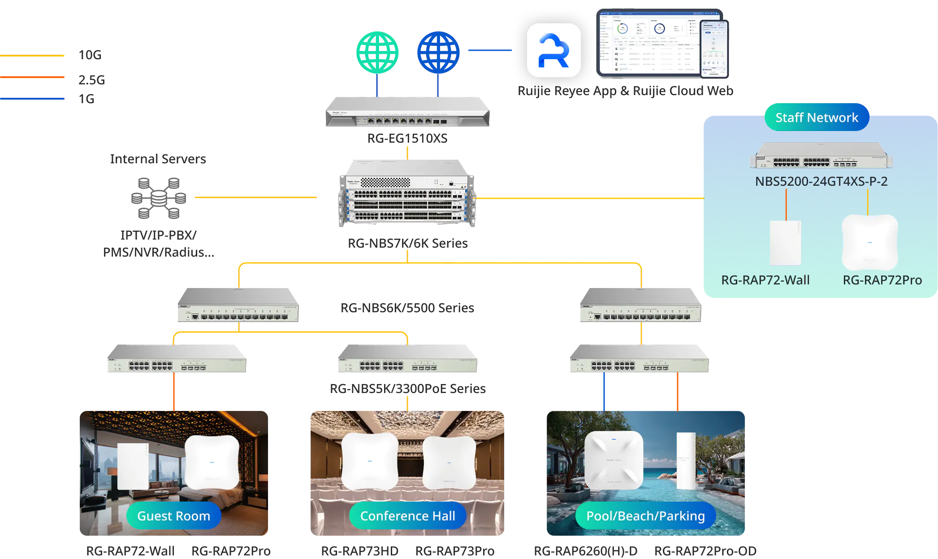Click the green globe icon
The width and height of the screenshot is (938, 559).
click(377, 52)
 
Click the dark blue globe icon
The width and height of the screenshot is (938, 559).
click(438, 52)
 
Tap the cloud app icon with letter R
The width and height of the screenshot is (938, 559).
click(553, 50)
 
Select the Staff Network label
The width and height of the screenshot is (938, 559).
click(817, 118)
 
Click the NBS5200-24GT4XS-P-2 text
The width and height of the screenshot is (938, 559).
click(821, 181)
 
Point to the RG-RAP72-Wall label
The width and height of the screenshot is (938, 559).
click(765, 280)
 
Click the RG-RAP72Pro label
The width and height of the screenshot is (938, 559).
click(882, 280)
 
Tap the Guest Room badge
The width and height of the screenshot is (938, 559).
click(173, 516)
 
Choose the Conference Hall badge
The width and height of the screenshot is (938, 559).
click(407, 516)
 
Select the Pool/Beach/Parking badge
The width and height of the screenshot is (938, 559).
click(645, 516)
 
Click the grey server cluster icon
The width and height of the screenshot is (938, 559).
click(158, 197)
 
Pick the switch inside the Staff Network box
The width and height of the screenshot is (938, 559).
click(821, 156)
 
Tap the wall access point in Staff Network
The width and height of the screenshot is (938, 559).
click(785, 243)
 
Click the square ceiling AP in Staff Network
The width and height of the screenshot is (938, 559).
click(869, 242)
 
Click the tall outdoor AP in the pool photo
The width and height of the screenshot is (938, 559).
click(686, 461)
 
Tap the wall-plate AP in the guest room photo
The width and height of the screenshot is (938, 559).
click(133, 466)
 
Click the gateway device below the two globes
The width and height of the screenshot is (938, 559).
click(406, 113)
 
